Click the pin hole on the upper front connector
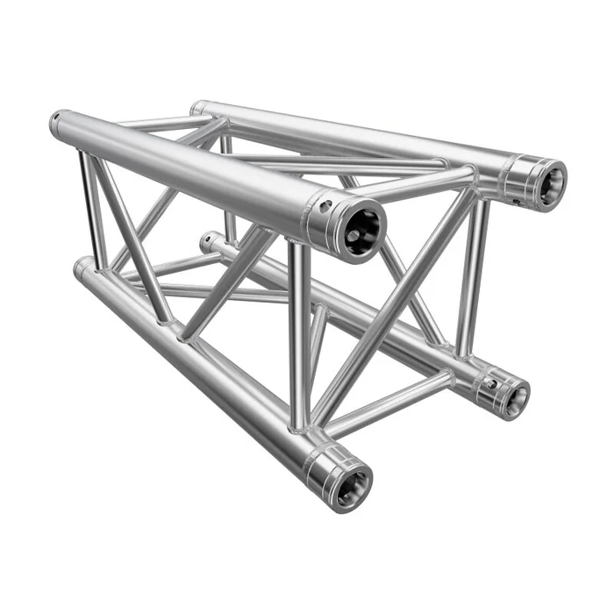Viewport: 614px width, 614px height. click(326, 207)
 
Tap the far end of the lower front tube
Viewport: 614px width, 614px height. click(82, 267)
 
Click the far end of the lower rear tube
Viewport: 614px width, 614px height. click(207, 239)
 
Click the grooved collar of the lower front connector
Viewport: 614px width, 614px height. click(329, 465)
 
